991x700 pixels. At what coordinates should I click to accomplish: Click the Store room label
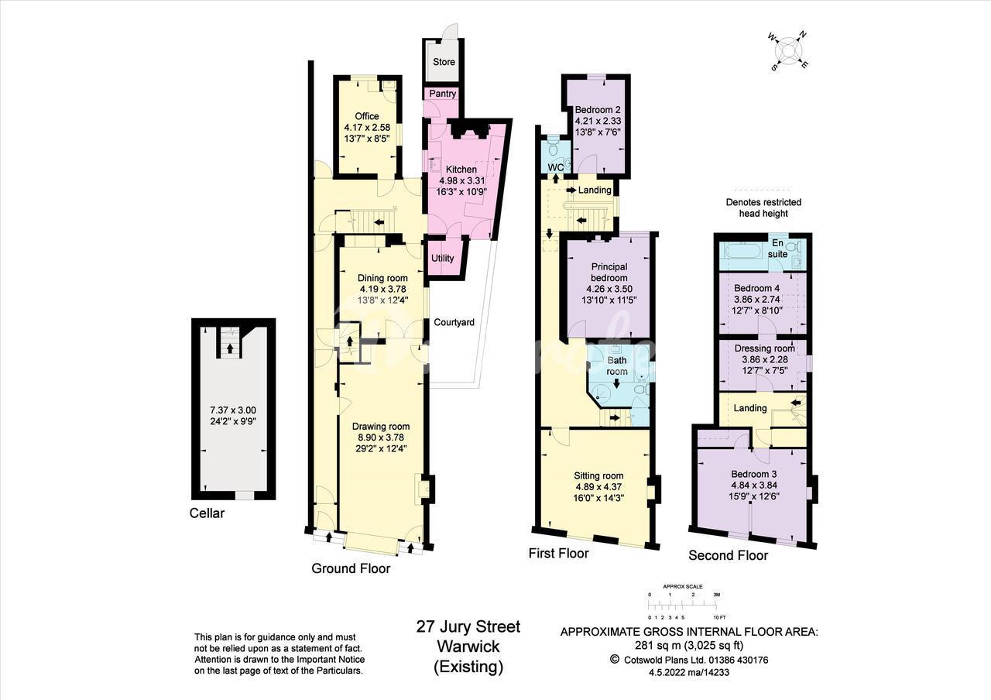[x=444, y=62]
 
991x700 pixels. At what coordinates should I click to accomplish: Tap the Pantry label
[x=442, y=94]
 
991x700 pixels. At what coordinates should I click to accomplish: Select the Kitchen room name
[x=461, y=170]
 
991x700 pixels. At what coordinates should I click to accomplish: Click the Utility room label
[x=442, y=258]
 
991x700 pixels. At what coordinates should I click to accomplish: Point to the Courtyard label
[x=454, y=322]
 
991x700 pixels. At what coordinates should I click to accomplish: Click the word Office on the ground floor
[x=367, y=116]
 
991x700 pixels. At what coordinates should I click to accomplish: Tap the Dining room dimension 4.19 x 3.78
[x=382, y=289]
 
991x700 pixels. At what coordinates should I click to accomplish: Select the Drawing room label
[x=381, y=427]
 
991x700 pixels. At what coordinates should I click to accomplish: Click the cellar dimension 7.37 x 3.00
[x=233, y=410]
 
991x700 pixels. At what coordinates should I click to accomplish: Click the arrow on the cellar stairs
[x=230, y=348]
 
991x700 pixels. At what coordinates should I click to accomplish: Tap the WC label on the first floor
[x=556, y=168]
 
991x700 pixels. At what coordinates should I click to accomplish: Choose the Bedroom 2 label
[x=598, y=110]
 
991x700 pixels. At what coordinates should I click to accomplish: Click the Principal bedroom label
[x=609, y=272]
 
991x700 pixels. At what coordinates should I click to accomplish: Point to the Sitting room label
[x=598, y=475]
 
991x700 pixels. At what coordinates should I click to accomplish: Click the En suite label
[x=777, y=249]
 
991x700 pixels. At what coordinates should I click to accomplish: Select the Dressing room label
[x=764, y=348]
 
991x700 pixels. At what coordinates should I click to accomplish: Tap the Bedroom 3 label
[x=754, y=474]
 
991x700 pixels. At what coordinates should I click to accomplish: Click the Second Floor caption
[x=729, y=555]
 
